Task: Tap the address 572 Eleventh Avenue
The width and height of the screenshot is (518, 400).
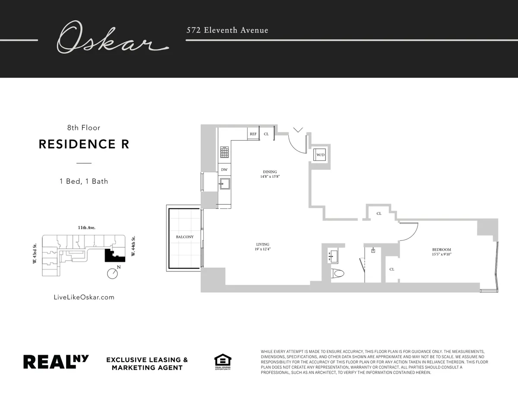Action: coord(227,30)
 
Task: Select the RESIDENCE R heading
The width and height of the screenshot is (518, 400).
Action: coord(84,144)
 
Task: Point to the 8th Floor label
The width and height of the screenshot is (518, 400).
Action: coord(84,128)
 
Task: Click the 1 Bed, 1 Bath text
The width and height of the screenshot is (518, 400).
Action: coord(84,181)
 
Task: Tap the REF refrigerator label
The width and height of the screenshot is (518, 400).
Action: coord(253,134)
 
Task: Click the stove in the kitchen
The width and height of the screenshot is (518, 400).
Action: coord(224,152)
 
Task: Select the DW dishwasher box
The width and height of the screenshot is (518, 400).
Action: coord(224,170)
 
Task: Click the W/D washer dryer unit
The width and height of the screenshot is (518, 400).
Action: coord(320,154)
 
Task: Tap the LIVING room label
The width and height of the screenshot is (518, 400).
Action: coord(263,245)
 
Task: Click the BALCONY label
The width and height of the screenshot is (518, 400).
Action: coord(185,237)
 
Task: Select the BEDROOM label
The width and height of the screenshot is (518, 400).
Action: coord(442,249)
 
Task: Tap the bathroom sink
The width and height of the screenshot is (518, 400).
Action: coord(332,256)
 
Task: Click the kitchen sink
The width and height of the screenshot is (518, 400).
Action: coord(224,184)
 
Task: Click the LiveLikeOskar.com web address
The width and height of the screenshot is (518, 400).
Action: coord(84,297)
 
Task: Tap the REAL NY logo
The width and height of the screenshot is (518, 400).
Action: coord(56,362)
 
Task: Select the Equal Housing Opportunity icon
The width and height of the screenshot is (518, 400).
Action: coord(223,362)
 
